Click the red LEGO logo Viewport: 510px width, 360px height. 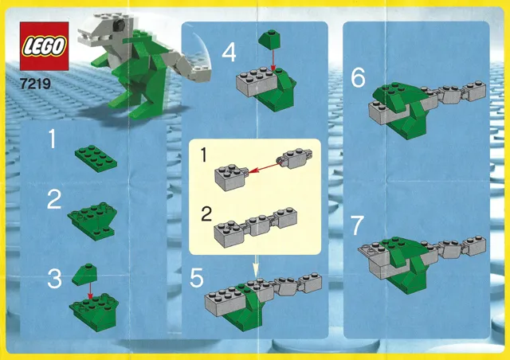pyautogui.click(x=45, y=46)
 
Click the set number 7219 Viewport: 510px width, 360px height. pyautogui.click(x=35, y=84)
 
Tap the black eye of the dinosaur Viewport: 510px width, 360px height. pyautogui.click(x=120, y=23)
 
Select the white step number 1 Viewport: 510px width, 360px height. pyautogui.click(x=52, y=139)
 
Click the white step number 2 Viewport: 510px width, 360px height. pyautogui.click(x=54, y=199)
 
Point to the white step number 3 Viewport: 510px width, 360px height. pyautogui.click(x=54, y=279)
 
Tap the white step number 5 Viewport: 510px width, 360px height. pyautogui.click(x=197, y=278)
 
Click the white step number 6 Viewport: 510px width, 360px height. pyautogui.click(x=358, y=78)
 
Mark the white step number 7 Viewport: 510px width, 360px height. pyautogui.click(x=358, y=225)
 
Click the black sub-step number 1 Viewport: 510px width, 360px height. pyautogui.click(x=204, y=155)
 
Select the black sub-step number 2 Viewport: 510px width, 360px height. pyautogui.click(x=206, y=214)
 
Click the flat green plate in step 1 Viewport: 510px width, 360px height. pyautogui.click(x=96, y=158)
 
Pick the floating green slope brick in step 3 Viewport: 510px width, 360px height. pyautogui.click(x=84, y=275)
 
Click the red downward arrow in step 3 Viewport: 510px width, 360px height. pyautogui.click(x=90, y=291)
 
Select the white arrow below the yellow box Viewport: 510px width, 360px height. pyautogui.click(x=256, y=266)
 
